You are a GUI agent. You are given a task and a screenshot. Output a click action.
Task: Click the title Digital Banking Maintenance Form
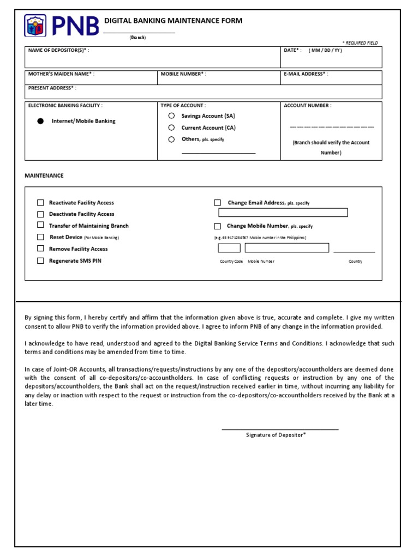(173, 21)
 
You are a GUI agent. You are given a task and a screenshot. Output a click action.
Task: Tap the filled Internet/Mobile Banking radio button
(40, 122)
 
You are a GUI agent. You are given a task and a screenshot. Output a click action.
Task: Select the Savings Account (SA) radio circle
(171, 116)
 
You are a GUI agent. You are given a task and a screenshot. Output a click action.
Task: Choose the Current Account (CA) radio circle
(171, 128)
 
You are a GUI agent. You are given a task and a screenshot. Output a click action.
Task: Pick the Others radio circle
(171, 139)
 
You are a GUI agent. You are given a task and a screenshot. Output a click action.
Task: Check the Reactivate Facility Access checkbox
(40, 203)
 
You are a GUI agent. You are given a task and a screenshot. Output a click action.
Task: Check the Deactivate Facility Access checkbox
(40, 214)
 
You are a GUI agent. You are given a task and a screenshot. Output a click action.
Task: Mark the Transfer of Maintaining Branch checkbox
(40, 225)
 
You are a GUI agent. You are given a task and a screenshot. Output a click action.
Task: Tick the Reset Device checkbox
(40, 237)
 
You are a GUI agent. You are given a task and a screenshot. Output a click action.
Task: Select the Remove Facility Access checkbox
(40, 248)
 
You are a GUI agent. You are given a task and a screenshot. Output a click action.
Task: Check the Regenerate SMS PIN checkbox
(40, 261)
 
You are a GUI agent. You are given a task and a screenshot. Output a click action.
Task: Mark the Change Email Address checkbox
(217, 203)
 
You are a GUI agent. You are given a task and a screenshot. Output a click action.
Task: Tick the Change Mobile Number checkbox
(217, 226)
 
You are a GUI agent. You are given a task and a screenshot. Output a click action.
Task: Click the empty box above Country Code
(229, 248)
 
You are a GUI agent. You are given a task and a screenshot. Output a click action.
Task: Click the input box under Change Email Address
(283, 213)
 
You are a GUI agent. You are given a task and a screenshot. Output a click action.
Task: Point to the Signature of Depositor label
(276, 435)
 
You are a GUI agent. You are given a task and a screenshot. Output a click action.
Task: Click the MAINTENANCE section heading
(44, 175)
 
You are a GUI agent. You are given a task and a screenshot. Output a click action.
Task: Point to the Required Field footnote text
(360, 43)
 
